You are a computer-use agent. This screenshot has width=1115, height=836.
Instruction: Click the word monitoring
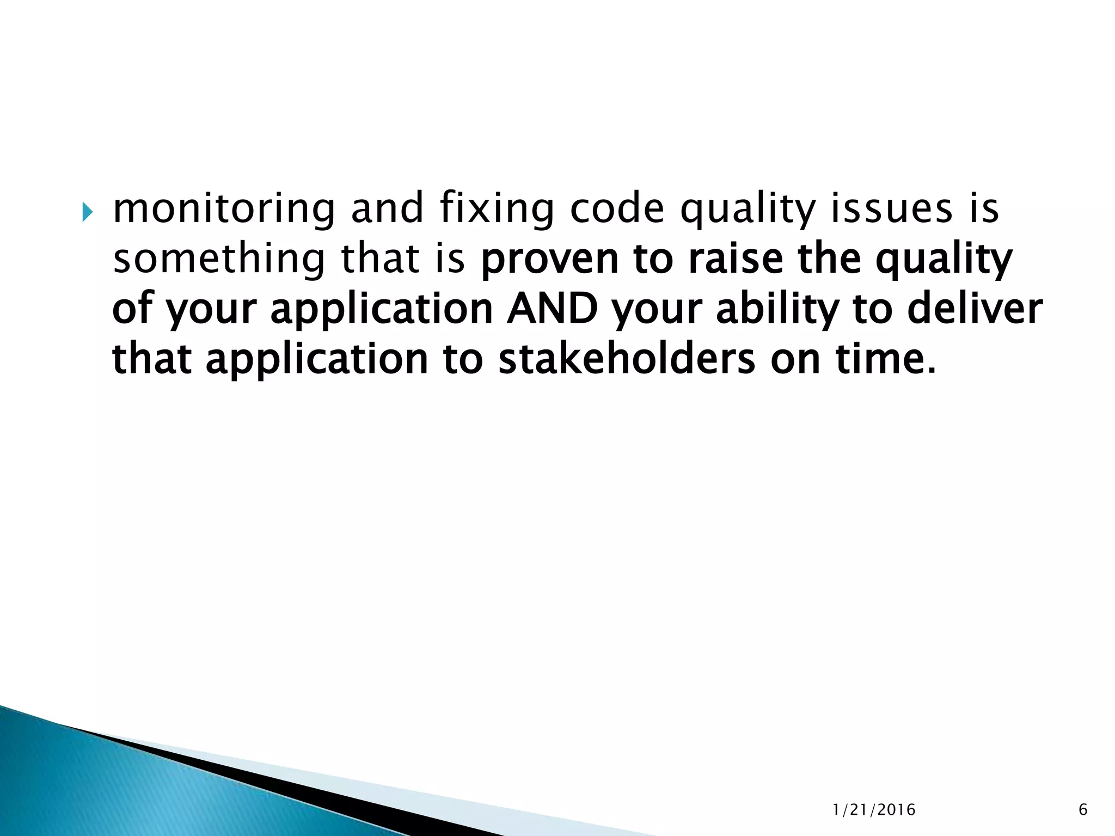point(224,209)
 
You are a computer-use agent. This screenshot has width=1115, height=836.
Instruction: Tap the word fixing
point(496,209)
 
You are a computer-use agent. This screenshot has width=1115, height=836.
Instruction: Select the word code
point(617,209)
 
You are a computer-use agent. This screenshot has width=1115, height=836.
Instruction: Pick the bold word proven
point(550,260)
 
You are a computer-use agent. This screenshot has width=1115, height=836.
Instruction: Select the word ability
point(777,309)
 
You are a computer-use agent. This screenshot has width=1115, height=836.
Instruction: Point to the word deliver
point(975,309)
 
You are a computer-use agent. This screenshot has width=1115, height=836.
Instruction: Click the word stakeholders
point(627,359)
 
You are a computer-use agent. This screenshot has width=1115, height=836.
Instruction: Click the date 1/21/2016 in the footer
point(874,810)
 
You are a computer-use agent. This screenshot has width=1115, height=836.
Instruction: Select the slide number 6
point(1083,810)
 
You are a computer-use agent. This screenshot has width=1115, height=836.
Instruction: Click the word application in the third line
point(382,309)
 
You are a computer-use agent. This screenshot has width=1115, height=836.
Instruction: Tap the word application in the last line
point(317,359)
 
